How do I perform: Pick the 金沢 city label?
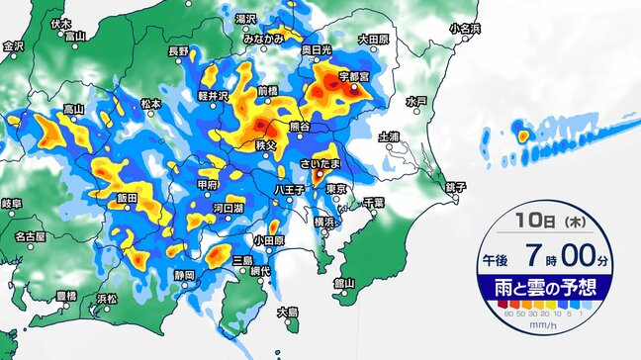pos(13,45)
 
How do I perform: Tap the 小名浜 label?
pos(464,29)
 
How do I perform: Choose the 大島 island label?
pos(288,313)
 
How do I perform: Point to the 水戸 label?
pos(416,102)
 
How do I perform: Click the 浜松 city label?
pos(106,297)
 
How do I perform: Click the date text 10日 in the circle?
pos(534,226)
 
